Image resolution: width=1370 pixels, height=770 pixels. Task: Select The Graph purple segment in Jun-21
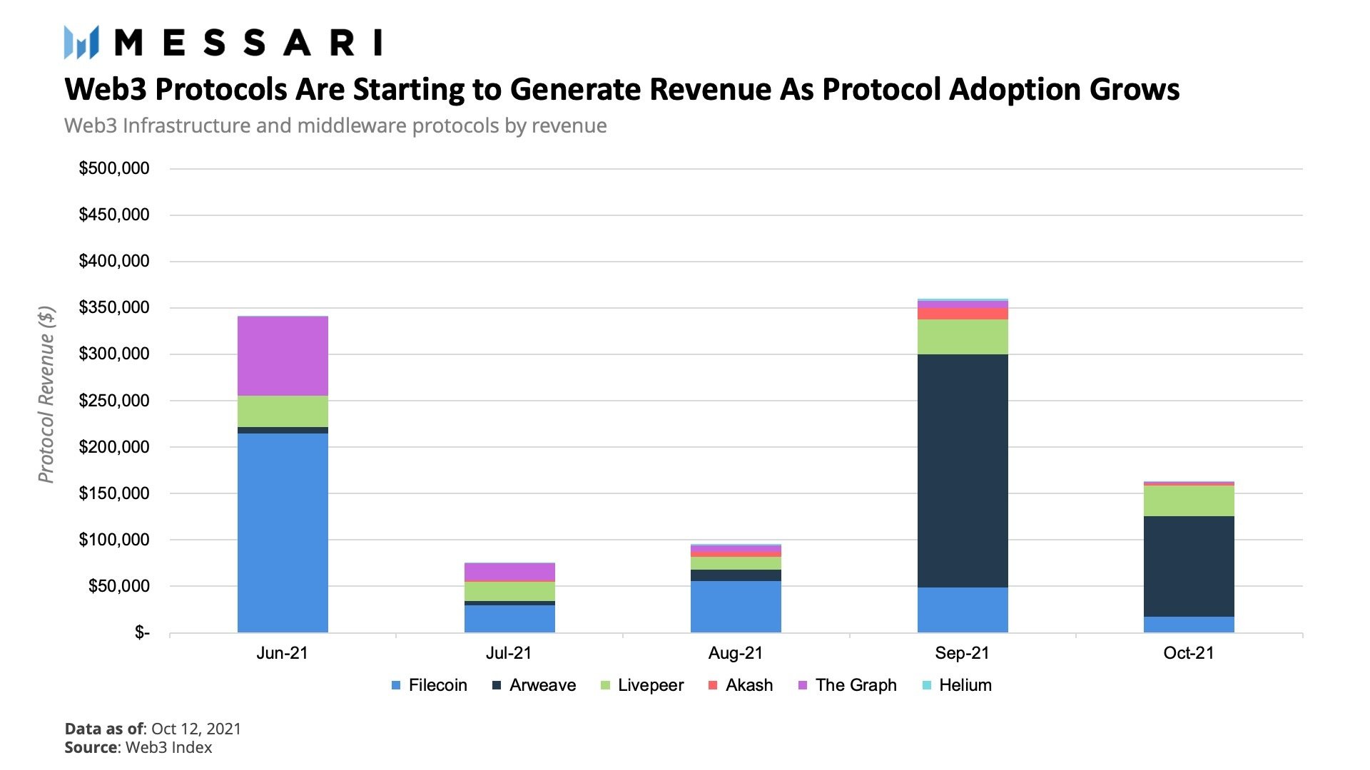283,356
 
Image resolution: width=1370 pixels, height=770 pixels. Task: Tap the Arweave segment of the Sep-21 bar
963,471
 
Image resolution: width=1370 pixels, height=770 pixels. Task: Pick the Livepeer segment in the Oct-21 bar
1189,500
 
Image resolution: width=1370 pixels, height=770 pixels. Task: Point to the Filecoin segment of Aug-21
736,607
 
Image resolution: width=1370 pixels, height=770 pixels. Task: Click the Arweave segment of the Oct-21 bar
1189,566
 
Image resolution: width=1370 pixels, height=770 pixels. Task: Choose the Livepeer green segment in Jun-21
283,411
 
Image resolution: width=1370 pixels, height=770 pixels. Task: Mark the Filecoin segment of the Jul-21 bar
509,619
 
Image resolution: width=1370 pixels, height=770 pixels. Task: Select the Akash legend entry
740,685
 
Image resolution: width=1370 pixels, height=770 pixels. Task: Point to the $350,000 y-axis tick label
114,308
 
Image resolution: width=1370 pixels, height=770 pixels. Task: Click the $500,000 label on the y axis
114,169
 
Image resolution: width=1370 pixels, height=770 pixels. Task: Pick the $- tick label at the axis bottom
142,633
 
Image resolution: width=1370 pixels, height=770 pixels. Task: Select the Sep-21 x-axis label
962,653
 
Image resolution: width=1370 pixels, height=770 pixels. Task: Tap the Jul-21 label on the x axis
509,653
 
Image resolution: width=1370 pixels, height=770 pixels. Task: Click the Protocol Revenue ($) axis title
46,394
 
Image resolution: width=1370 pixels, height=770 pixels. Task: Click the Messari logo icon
81,42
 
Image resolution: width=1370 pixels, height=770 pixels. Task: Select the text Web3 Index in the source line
168,747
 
